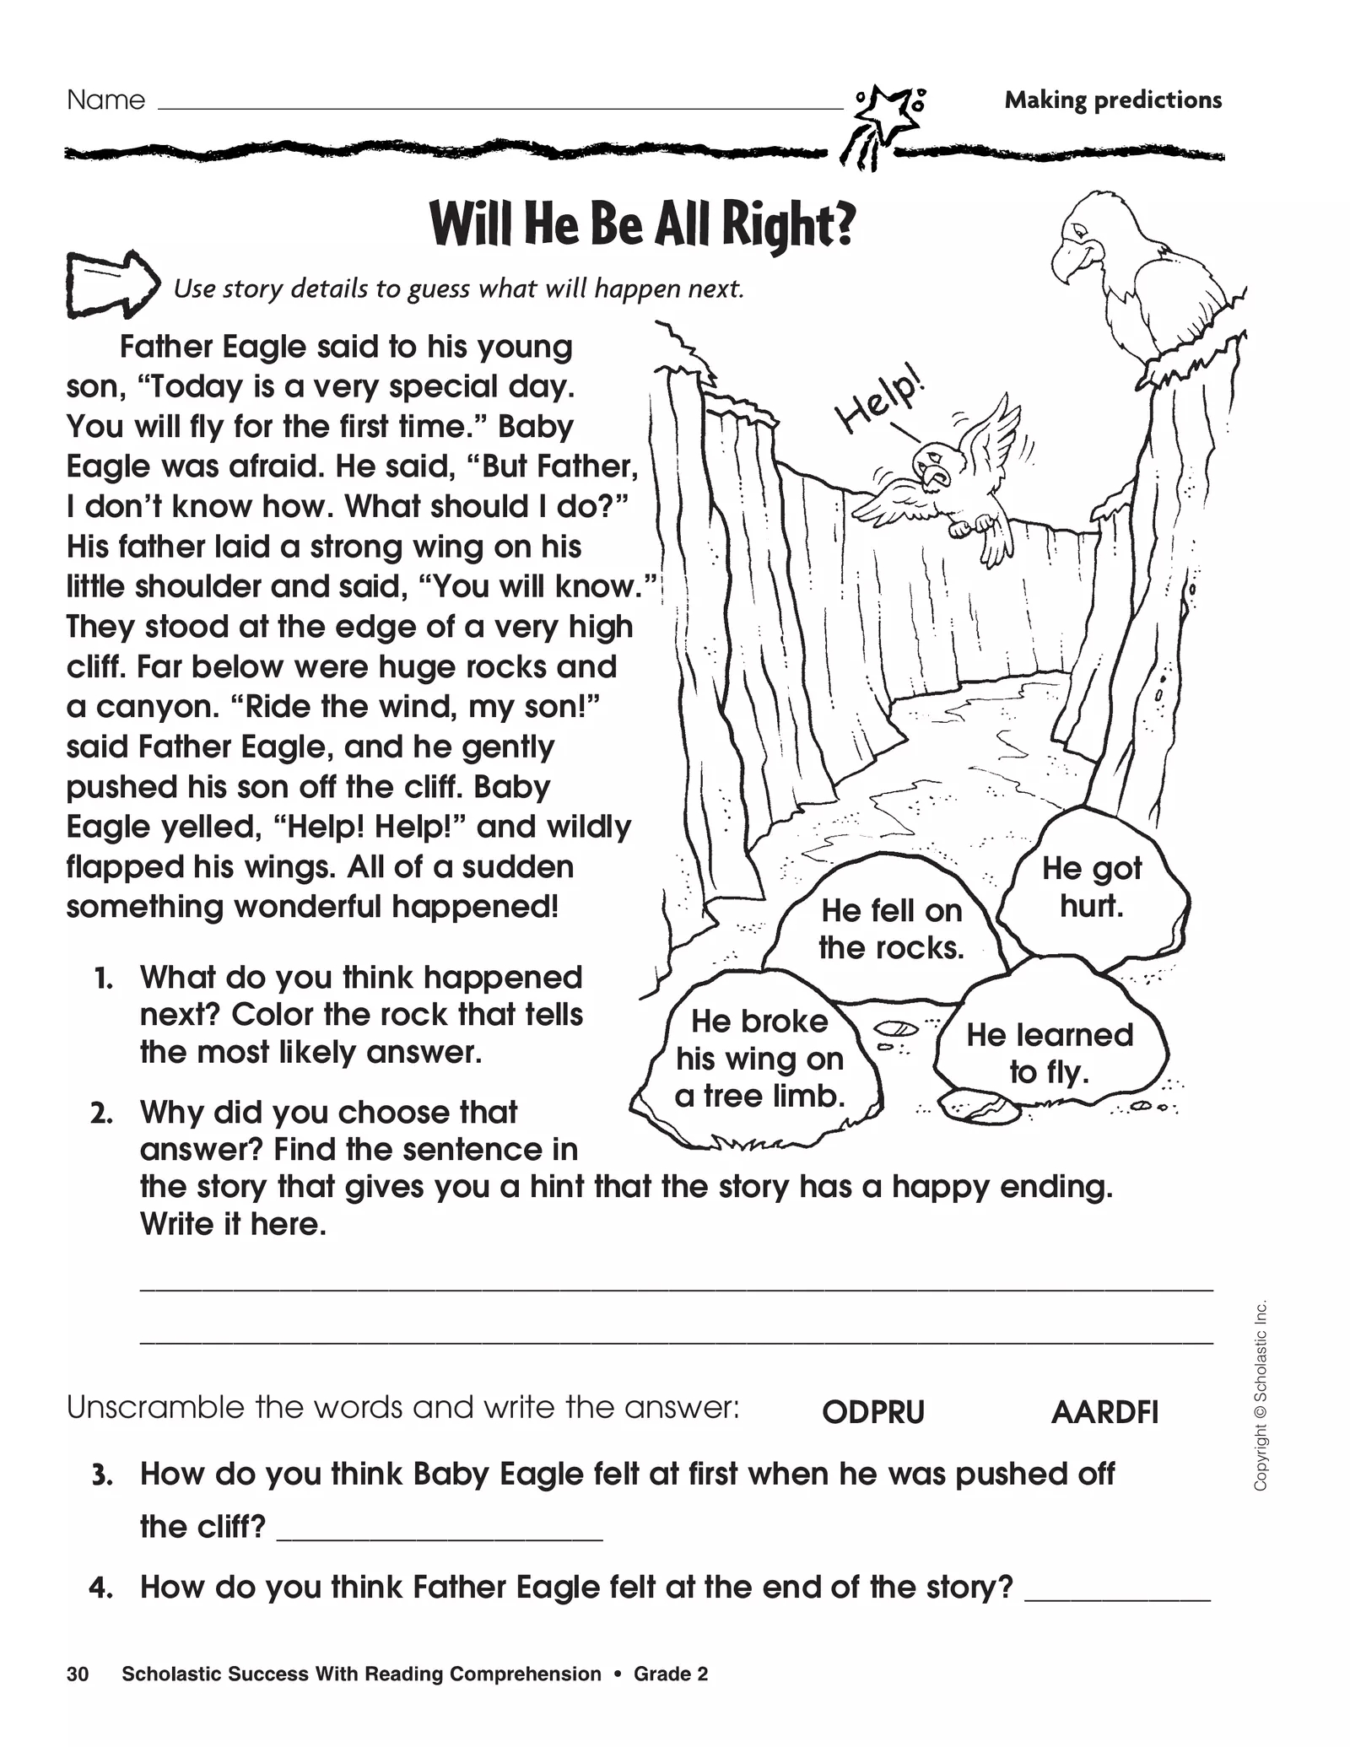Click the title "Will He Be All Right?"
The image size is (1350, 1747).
[x=642, y=224]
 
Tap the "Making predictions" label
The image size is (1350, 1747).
[x=1112, y=100]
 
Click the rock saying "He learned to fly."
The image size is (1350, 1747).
[x=1050, y=1053]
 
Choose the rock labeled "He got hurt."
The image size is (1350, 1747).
[x=1092, y=887]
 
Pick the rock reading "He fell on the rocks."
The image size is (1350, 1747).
[x=891, y=929]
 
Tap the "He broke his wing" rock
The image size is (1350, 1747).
[x=759, y=1059]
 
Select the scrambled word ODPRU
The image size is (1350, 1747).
[x=873, y=1413]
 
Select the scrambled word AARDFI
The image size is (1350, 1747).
[x=1104, y=1413]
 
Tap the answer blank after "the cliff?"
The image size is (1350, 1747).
[x=440, y=1529]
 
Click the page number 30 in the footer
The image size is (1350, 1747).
[x=77, y=1674]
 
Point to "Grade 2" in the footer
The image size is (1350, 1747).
[x=671, y=1674]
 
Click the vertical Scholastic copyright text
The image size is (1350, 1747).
[x=1260, y=1395]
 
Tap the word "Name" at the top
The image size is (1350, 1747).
[x=105, y=100]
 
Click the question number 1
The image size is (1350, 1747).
[x=103, y=979]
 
